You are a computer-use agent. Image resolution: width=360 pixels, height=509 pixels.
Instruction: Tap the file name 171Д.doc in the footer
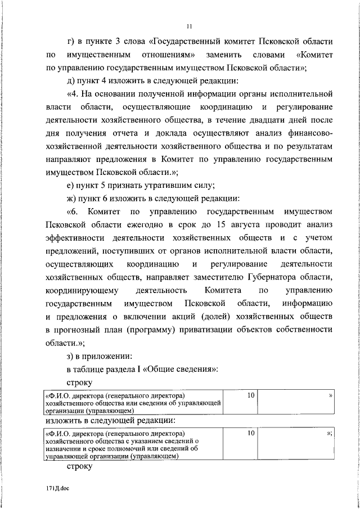(57, 488)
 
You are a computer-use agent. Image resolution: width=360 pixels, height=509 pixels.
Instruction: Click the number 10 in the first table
(251, 395)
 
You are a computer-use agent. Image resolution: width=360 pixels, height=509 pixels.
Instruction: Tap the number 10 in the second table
(251, 433)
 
